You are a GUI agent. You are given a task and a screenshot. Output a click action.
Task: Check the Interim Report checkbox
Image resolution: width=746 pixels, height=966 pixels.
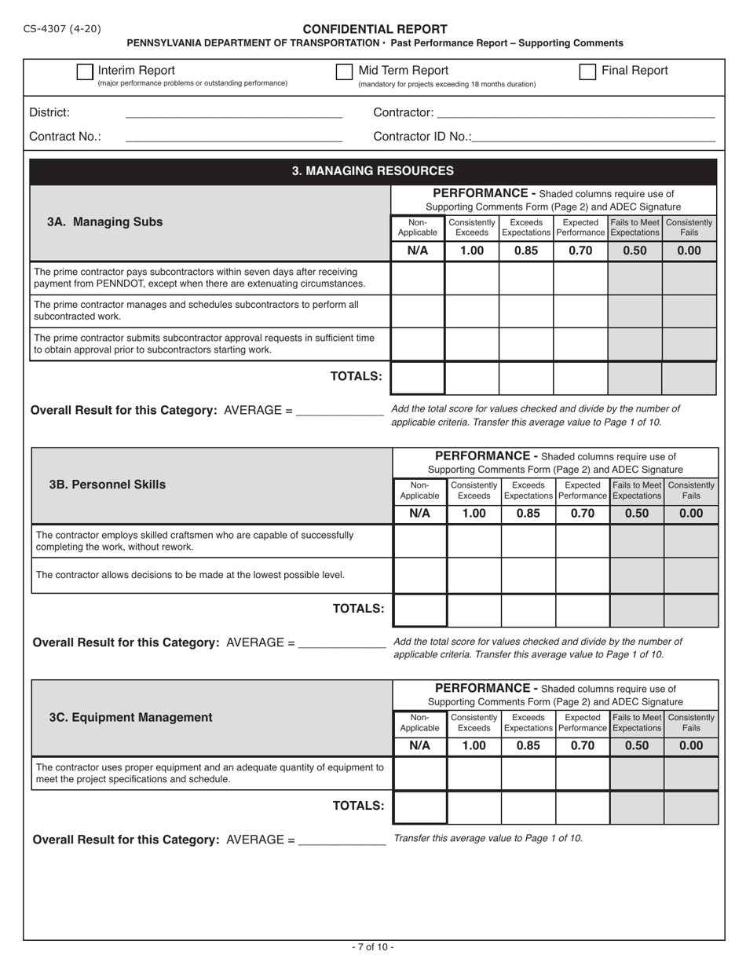point(85,72)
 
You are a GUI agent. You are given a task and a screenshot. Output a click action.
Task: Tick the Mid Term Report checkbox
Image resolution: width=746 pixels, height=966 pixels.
point(344,72)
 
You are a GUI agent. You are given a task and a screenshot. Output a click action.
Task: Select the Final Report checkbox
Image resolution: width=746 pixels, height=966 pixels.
point(587,72)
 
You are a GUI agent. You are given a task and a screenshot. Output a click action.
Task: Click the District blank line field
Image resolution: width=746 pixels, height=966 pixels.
point(233,115)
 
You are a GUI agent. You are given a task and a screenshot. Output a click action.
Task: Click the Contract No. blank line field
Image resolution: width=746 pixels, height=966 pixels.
point(233,138)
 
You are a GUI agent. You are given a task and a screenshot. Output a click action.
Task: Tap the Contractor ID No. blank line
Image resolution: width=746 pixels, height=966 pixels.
point(594,138)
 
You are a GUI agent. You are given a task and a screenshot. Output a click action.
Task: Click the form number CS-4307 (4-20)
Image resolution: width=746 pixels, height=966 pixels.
point(62,29)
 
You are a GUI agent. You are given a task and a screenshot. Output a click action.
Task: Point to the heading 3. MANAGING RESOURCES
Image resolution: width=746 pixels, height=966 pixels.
point(373,170)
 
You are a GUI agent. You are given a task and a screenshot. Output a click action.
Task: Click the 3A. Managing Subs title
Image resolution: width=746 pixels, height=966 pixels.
point(105,221)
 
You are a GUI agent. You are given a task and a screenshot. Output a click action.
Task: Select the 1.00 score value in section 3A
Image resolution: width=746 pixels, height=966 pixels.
point(472,251)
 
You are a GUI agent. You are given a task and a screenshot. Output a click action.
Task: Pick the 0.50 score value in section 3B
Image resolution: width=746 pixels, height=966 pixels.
point(637,514)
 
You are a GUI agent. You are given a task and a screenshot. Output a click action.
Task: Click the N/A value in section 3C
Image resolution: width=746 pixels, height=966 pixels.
point(419,746)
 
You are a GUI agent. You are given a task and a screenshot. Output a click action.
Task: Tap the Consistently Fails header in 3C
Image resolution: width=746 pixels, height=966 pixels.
point(691,723)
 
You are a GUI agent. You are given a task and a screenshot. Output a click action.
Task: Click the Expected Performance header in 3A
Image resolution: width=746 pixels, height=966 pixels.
point(581,228)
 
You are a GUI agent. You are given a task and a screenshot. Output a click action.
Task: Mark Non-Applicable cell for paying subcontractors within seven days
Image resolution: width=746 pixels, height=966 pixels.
point(418,278)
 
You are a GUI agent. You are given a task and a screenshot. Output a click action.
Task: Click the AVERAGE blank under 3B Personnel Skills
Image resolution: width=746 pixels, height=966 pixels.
point(342,643)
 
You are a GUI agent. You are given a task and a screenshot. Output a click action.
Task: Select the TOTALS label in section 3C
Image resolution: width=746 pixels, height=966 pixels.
point(358,806)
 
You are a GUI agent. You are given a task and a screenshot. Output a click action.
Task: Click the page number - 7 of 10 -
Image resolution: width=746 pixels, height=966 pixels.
point(373,947)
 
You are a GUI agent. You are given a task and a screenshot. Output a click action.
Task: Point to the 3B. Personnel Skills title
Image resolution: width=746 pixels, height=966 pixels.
point(108,485)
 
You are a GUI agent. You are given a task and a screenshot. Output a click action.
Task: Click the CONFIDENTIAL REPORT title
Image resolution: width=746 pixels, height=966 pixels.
point(375,29)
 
